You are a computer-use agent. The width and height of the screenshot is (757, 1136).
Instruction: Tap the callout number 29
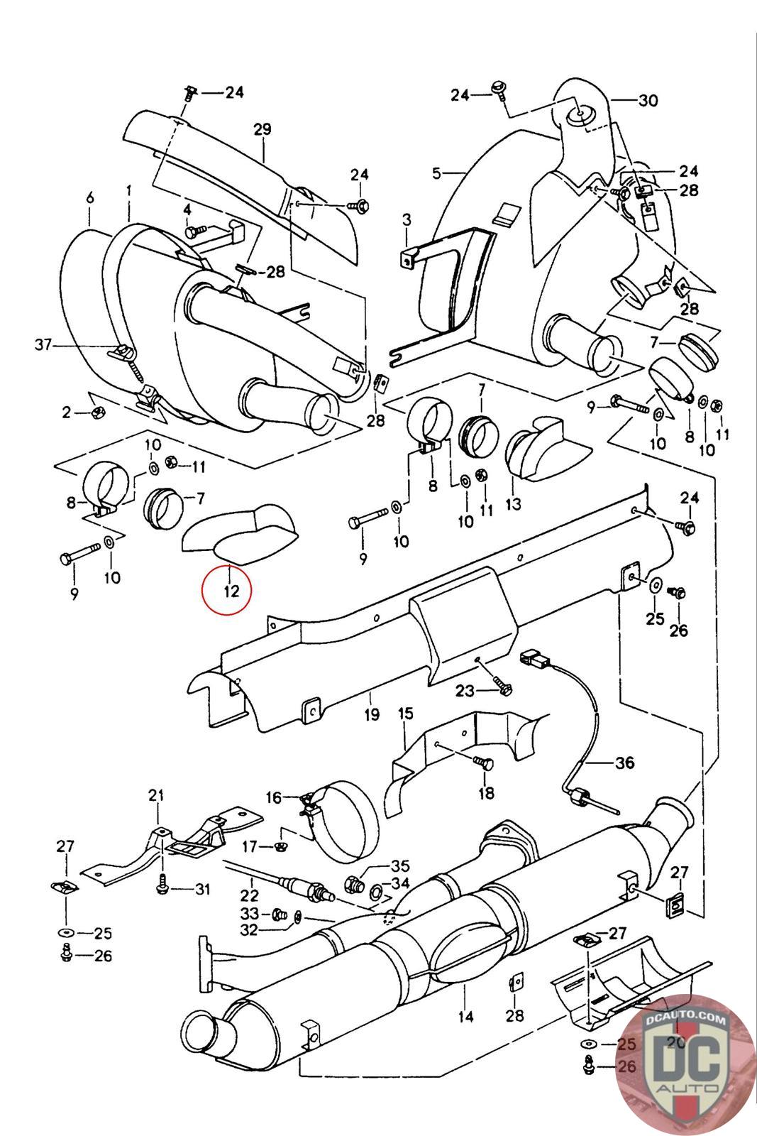pos(262,130)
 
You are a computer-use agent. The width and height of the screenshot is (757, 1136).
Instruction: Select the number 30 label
pos(647,101)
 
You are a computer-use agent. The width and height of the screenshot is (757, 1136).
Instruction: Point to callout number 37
pos(44,345)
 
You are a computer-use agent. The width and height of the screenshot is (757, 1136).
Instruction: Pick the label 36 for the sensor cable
pos(624,763)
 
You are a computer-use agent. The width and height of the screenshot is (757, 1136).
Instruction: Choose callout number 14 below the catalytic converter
pos(465,1016)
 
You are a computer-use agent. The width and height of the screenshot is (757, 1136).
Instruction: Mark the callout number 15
pos(405,713)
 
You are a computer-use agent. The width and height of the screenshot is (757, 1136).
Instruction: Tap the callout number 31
pos(203,888)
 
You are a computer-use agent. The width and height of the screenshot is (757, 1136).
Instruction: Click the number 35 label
pos(400,865)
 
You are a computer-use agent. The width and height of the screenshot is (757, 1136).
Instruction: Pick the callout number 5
pos(436,173)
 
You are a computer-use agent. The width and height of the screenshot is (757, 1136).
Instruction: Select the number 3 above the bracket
pos(407,220)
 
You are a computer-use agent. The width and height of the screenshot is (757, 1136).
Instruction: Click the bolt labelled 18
pos(482,764)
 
